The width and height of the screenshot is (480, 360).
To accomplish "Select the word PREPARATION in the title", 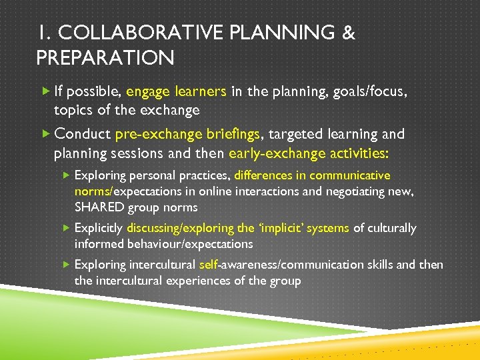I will (x=105, y=59).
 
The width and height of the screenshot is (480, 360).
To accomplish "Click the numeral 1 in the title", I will (x=43, y=33).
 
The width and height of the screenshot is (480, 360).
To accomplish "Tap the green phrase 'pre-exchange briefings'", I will (x=187, y=135).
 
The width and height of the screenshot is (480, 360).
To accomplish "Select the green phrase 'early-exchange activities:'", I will (x=309, y=153).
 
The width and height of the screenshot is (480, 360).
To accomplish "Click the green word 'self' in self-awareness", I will (x=209, y=265).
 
